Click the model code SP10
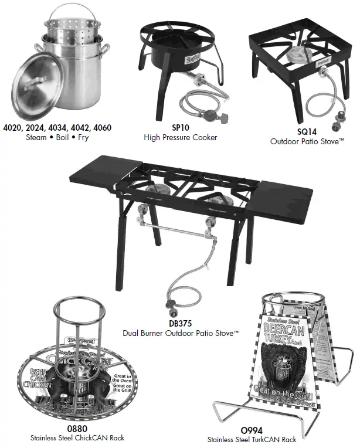click(180, 126)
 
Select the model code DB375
click(180, 323)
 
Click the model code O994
click(252, 430)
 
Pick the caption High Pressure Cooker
click(180, 137)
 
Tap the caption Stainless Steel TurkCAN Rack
click(252, 439)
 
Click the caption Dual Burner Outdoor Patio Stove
click(180, 332)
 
